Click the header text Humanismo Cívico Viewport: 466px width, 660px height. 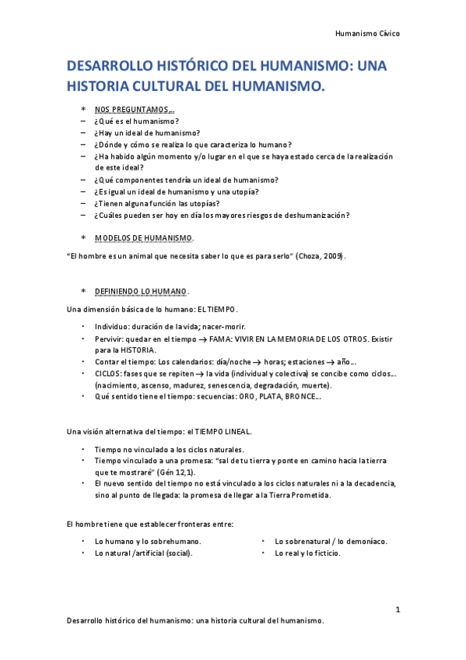coord(367,34)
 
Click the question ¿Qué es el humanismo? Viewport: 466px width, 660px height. coord(136,121)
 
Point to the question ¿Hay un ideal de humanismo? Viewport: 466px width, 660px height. coord(147,133)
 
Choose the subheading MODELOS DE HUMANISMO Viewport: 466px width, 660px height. coord(144,237)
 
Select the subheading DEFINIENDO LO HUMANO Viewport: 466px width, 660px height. coord(141,291)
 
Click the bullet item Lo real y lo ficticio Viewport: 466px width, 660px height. coord(307,553)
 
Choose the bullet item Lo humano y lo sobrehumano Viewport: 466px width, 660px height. coord(148,541)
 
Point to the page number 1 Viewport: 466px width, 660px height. coord(397,609)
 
